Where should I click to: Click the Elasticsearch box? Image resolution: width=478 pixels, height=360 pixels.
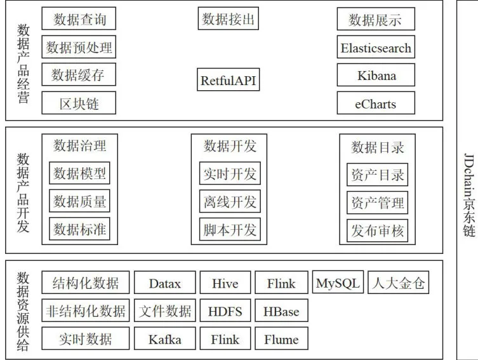coord(376,47)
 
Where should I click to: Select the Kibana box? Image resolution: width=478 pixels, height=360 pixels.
coord(376,75)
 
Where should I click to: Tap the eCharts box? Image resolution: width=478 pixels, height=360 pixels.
coord(376,103)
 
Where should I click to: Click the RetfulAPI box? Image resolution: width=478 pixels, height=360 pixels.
coord(229,79)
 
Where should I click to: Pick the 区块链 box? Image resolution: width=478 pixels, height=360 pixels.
coord(79,103)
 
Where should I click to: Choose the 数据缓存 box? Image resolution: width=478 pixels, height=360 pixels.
coord(79,74)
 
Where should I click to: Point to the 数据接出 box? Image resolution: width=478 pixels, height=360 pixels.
coord(229,18)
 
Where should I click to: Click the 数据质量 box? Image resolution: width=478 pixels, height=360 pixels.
coord(79,201)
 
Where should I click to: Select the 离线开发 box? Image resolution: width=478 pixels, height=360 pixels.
coord(230,201)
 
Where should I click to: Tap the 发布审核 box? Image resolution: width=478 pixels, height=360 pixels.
coord(378,230)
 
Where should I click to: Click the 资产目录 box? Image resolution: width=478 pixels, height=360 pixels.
coord(378,175)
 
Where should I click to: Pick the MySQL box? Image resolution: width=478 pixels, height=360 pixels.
coord(338,282)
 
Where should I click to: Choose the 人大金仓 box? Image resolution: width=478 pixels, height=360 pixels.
coord(399,283)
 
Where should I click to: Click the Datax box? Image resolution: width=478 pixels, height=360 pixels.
coord(165,283)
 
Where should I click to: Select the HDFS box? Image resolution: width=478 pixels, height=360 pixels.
coord(225,310)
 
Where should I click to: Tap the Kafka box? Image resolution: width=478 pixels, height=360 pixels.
coord(165,338)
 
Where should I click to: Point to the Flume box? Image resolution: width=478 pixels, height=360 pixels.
coord(281,338)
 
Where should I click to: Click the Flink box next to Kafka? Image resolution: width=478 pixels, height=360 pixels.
coord(225,338)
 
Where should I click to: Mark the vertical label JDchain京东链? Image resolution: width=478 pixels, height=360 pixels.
coord(469,195)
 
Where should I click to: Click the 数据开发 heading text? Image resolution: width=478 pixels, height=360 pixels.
coord(230,146)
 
